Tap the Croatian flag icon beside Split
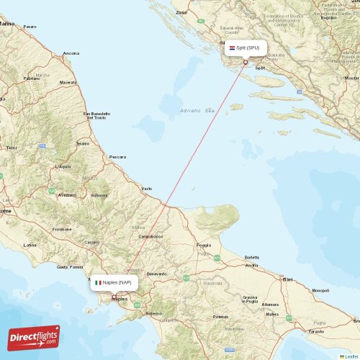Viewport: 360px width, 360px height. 232,48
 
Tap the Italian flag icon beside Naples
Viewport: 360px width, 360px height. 98,282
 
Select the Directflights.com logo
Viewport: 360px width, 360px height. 35,336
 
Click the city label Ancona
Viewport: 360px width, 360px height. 71,53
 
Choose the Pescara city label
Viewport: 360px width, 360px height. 117,156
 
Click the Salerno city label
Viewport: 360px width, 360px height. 154,314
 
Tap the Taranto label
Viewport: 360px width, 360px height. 316,331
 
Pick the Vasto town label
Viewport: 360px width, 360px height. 147,189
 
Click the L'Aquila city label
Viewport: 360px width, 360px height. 63,166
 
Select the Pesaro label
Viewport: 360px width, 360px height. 30,27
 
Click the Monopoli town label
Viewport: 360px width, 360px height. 320,290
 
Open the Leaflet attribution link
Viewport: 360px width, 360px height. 350,356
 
